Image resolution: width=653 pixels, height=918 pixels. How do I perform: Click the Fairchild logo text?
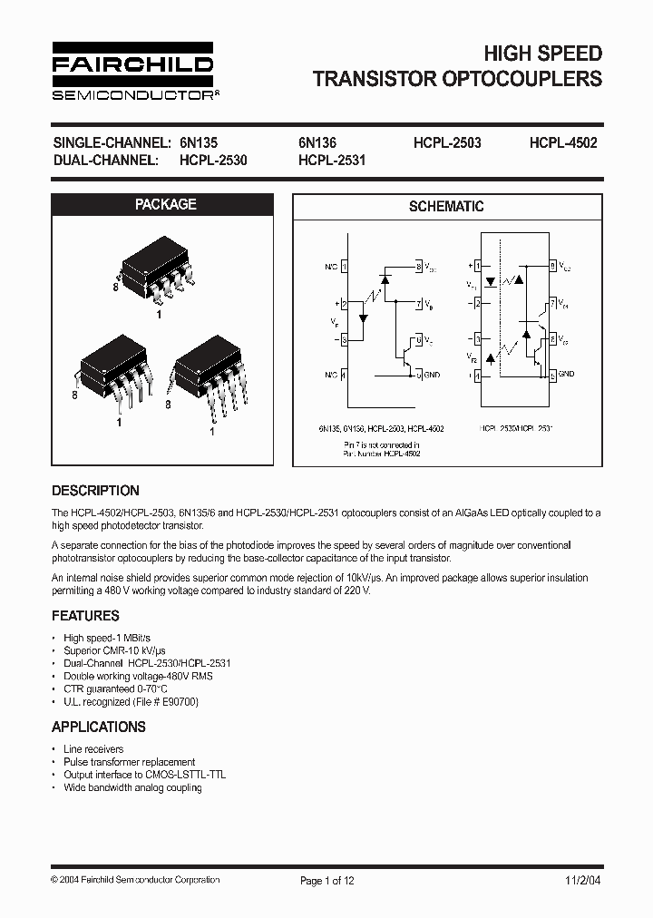(132, 64)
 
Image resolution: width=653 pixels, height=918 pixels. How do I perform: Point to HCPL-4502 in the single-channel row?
(563, 142)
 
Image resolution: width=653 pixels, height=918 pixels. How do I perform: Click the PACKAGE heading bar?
(165, 205)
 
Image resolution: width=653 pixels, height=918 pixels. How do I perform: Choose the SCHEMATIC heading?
(446, 207)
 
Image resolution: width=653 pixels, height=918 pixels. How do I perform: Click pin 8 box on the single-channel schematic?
(419, 266)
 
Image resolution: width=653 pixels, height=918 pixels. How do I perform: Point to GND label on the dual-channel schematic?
(567, 374)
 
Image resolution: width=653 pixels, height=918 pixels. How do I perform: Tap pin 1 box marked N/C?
(344, 266)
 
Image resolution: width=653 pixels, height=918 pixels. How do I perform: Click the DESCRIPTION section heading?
(95, 491)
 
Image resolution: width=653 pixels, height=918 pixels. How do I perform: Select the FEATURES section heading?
(85, 616)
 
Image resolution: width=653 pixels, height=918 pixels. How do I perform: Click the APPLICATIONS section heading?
(98, 727)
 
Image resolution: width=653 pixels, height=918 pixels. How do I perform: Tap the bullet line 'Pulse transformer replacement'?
(129, 762)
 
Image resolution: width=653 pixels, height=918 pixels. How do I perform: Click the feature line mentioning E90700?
(131, 702)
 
